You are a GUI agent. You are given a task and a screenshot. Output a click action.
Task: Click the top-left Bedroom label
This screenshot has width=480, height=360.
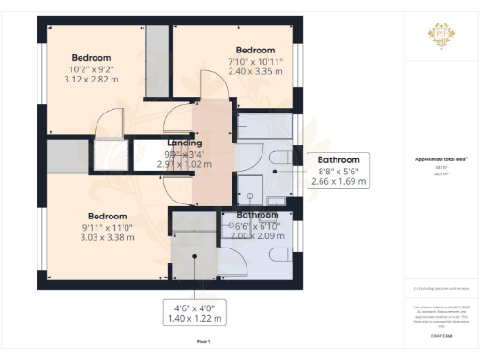coord(92,57)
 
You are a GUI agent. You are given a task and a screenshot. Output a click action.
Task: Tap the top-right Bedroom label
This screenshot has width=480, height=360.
coord(255,50)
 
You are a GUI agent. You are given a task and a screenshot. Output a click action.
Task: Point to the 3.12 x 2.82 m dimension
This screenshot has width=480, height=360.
coord(92,80)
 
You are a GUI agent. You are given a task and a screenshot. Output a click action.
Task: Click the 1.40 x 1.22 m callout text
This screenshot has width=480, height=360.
coord(196,320)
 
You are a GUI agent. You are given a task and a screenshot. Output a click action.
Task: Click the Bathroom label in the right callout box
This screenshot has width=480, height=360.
coord(337,159)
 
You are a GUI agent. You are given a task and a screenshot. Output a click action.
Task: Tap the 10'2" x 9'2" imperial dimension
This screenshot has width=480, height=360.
coord(92,68)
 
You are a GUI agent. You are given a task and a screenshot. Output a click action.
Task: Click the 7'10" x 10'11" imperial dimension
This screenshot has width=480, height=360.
coord(255,61)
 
